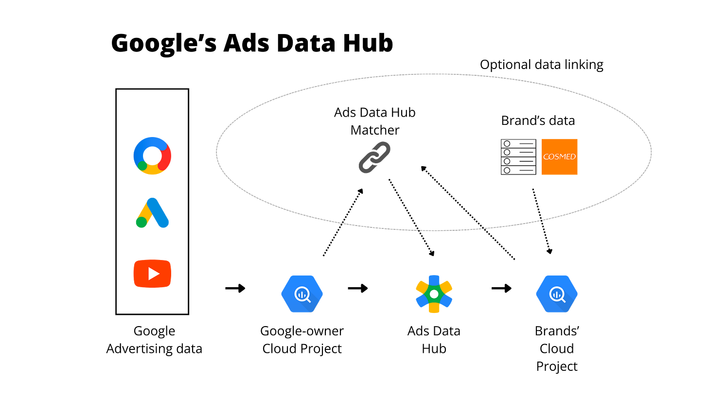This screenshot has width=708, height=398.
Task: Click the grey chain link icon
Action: (x=374, y=157)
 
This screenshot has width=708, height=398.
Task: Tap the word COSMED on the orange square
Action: (x=559, y=157)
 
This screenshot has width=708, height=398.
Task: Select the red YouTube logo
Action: (x=152, y=274)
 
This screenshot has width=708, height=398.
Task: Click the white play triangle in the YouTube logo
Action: (x=154, y=274)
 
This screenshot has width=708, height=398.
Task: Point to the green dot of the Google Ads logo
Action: (x=141, y=223)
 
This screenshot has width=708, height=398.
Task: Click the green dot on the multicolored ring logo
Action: (x=142, y=166)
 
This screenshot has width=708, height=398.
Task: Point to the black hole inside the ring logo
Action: (x=152, y=156)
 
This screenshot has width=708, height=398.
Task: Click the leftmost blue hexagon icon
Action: (x=301, y=294)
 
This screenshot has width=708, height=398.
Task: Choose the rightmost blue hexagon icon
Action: (x=557, y=294)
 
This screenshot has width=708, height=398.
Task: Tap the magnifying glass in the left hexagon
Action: (x=302, y=294)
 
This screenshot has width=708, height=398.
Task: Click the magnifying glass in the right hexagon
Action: (x=557, y=294)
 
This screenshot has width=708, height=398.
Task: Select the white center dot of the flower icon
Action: (x=434, y=294)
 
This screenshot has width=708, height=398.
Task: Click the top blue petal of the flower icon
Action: (x=434, y=279)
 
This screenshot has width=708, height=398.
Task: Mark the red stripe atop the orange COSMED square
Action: (x=560, y=138)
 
